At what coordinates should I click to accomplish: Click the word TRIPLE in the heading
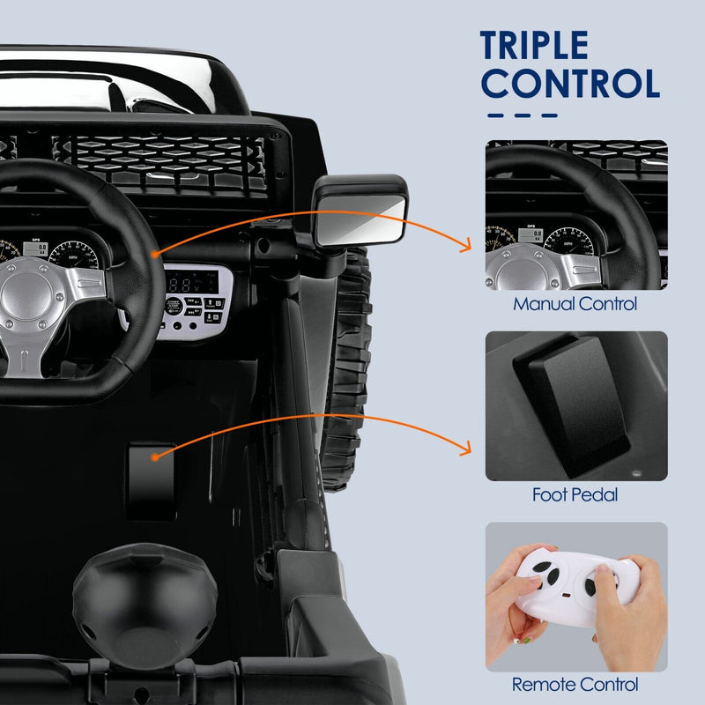coord(534,47)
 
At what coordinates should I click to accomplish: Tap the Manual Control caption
coord(575,305)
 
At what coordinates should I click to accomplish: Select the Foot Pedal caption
coord(575,495)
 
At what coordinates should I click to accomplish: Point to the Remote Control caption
coord(575,684)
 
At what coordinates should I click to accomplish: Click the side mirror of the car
coord(362,211)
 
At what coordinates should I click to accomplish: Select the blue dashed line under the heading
coord(523,115)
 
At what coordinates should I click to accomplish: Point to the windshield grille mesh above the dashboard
coord(167,159)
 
